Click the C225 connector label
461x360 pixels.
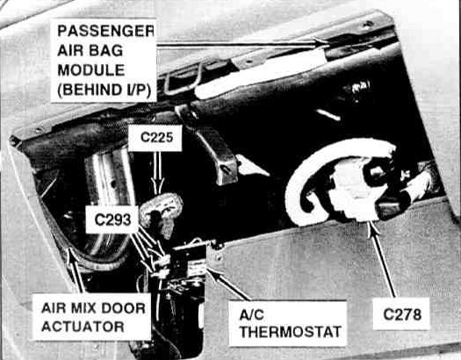point(156,138)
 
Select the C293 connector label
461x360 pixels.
point(112,220)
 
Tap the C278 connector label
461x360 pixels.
point(402,314)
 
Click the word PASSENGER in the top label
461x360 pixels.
point(106,31)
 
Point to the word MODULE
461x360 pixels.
point(91,70)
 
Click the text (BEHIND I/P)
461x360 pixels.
point(104,90)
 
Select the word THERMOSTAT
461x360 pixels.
point(291,332)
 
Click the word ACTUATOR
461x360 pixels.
point(83,327)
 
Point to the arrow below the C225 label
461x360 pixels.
point(158,173)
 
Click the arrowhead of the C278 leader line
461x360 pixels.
point(372,227)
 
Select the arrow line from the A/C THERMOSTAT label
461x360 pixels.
point(227,284)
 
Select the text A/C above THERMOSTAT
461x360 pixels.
point(251,314)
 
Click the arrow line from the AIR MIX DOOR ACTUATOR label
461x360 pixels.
point(76,270)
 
